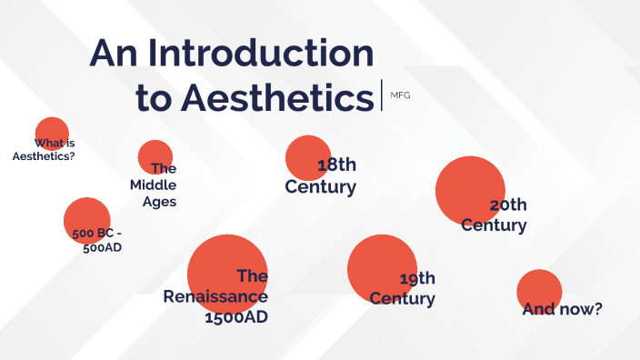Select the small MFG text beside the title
coord(400,95)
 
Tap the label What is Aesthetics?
coord(44,149)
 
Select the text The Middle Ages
coord(154,185)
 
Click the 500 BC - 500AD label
coord(97,239)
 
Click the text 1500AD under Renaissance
coord(236,318)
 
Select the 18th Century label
coord(321,176)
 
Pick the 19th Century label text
coord(403,288)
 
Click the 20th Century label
coord(494,215)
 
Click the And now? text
coord(562,309)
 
